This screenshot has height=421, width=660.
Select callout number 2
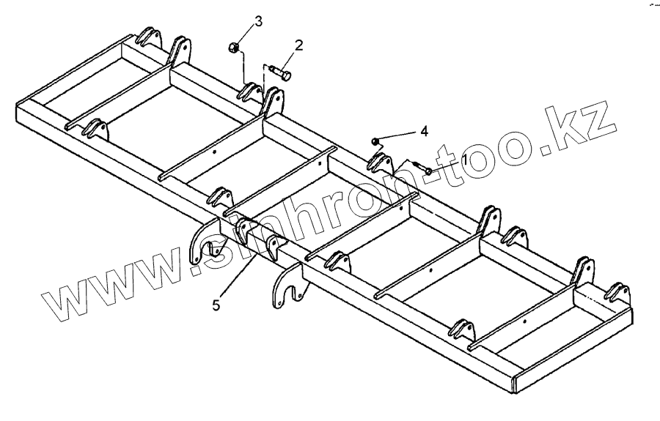pos(298,45)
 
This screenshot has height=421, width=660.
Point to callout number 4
pos(422,132)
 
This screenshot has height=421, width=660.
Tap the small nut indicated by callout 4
pos(375,140)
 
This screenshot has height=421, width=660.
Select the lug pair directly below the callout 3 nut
pos(250,91)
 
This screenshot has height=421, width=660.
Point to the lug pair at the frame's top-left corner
pos(150,37)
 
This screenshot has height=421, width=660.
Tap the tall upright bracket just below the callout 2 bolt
pos(274,103)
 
